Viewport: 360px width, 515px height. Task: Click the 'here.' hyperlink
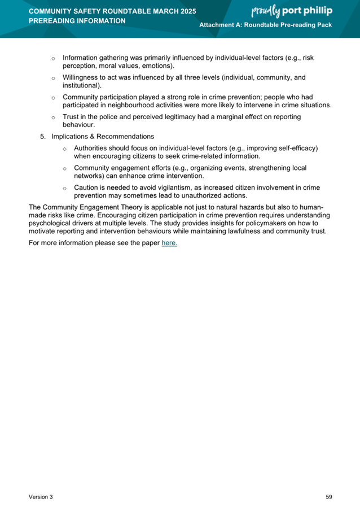click(x=169, y=243)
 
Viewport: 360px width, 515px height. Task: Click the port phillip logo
click(x=291, y=11)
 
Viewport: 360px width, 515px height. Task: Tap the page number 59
click(x=328, y=497)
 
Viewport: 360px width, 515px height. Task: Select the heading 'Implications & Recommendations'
click(x=102, y=137)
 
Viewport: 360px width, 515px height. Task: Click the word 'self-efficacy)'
click(x=298, y=148)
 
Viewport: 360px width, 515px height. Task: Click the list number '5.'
click(x=43, y=137)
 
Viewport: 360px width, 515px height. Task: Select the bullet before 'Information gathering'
click(x=53, y=58)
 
